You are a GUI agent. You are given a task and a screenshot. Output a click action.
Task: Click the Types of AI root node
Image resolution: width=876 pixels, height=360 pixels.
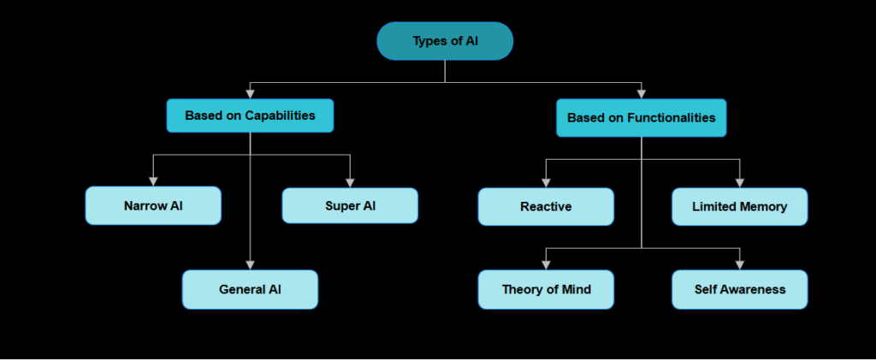(x=445, y=41)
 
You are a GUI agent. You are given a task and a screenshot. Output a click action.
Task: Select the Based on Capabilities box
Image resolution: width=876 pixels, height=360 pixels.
(x=250, y=115)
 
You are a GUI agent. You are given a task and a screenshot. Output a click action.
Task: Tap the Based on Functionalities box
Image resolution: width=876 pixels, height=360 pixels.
(x=641, y=118)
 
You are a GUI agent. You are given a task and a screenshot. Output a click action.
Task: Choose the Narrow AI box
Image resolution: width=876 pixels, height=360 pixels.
(x=153, y=206)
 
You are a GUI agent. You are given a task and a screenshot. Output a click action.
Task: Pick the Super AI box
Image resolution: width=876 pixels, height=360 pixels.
(x=350, y=206)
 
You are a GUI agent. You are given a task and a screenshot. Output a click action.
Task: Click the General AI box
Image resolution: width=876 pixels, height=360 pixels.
(x=250, y=289)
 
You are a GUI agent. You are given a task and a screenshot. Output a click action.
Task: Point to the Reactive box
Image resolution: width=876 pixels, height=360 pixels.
(x=546, y=207)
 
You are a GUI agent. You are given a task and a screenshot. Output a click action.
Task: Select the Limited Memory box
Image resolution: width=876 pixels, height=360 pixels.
(x=739, y=207)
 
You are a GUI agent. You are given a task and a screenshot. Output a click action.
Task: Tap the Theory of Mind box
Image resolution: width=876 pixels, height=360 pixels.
(x=546, y=289)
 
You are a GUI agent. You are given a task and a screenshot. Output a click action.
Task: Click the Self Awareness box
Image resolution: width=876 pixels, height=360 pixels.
(x=739, y=289)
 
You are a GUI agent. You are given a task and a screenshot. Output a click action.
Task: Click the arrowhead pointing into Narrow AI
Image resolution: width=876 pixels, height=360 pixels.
(x=153, y=181)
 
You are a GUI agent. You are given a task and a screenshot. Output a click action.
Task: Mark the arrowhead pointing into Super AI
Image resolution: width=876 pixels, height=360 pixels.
(x=350, y=181)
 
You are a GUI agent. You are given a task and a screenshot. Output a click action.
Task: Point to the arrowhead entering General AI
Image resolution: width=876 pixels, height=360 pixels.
(x=250, y=264)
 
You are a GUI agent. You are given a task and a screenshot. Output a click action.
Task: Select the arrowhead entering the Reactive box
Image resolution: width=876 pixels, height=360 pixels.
(x=546, y=182)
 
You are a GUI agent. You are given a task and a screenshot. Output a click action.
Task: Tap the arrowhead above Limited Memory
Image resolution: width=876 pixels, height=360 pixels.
(x=739, y=182)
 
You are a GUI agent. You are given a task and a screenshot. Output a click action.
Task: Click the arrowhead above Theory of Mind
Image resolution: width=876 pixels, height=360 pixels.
(x=546, y=264)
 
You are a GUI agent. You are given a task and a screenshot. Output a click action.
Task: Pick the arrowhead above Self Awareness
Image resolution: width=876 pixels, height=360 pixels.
(x=739, y=264)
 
